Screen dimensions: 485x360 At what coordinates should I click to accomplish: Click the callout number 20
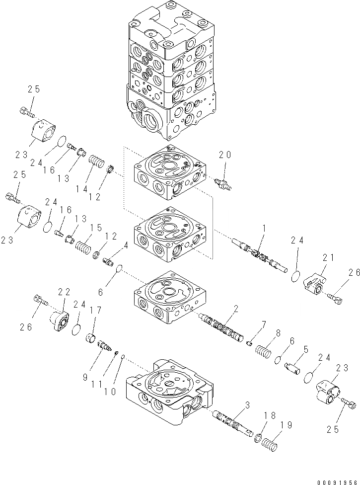click(225, 155)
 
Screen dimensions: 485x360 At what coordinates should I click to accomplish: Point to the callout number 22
click(65, 292)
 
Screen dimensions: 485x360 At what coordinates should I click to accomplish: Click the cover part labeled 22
click(62, 318)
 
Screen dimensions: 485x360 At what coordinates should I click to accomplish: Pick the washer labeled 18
click(259, 437)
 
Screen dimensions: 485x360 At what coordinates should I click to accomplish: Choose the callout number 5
click(306, 350)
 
